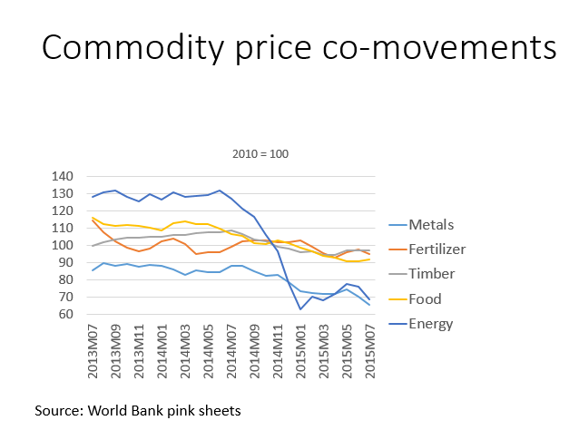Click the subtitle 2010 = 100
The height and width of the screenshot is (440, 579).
(258, 153)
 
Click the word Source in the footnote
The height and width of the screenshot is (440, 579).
(58, 410)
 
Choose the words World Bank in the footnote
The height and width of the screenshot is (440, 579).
(123, 410)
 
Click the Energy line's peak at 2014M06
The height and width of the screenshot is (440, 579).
(220, 191)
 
